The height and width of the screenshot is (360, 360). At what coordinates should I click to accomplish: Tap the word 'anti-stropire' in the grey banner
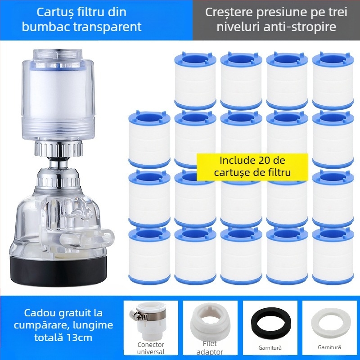(x=300, y=27)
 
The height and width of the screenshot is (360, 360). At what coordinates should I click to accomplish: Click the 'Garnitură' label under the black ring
(x=270, y=347)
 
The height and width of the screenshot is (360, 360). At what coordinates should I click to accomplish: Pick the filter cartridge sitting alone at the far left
(x=149, y=139)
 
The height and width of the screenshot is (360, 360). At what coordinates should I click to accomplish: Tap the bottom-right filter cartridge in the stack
(x=333, y=255)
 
